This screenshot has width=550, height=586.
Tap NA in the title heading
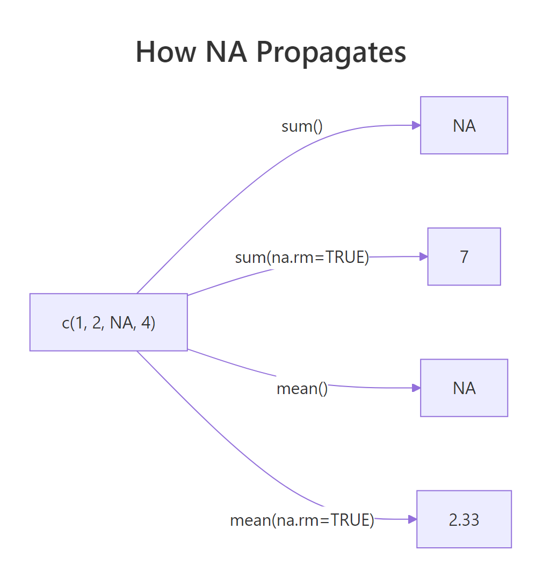(227, 52)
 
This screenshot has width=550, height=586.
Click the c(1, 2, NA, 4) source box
(108, 323)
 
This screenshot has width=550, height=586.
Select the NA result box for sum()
(464, 125)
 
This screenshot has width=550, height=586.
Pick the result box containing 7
(464, 256)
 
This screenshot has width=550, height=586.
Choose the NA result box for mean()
(464, 388)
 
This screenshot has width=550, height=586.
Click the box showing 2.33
(464, 519)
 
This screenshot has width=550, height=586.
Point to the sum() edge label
(302, 126)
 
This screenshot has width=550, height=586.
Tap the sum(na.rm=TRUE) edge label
(302, 258)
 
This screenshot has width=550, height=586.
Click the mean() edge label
(302, 389)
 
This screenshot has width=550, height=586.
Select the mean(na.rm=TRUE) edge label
(302, 520)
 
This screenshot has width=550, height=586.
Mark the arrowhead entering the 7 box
(423, 256)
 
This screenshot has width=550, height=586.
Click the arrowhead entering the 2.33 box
(412, 519)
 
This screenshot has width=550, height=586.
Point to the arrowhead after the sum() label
(416, 125)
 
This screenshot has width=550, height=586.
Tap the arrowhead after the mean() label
(416, 388)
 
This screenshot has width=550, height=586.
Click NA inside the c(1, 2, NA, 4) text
(122, 323)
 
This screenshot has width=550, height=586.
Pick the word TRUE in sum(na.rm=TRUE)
(346, 258)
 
